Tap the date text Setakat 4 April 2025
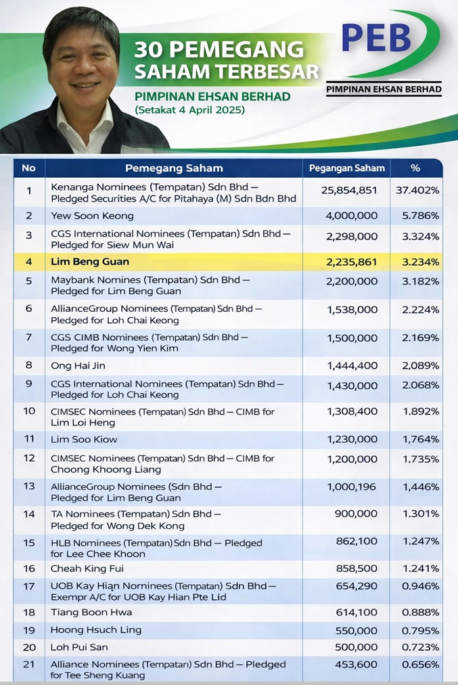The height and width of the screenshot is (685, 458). click(189, 110)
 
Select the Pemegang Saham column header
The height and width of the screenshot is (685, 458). click(174, 168)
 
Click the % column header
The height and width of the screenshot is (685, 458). click(415, 168)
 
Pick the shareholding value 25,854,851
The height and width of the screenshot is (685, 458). click(349, 191)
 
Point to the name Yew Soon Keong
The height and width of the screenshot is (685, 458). click(93, 216)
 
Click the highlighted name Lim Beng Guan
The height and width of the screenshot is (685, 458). click(91, 262)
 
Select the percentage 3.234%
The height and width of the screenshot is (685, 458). click(417, 262)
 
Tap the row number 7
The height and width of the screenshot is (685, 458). click(28, 337)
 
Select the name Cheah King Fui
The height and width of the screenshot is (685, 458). click(87, 569)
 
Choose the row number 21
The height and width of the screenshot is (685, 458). click(28, 665)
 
